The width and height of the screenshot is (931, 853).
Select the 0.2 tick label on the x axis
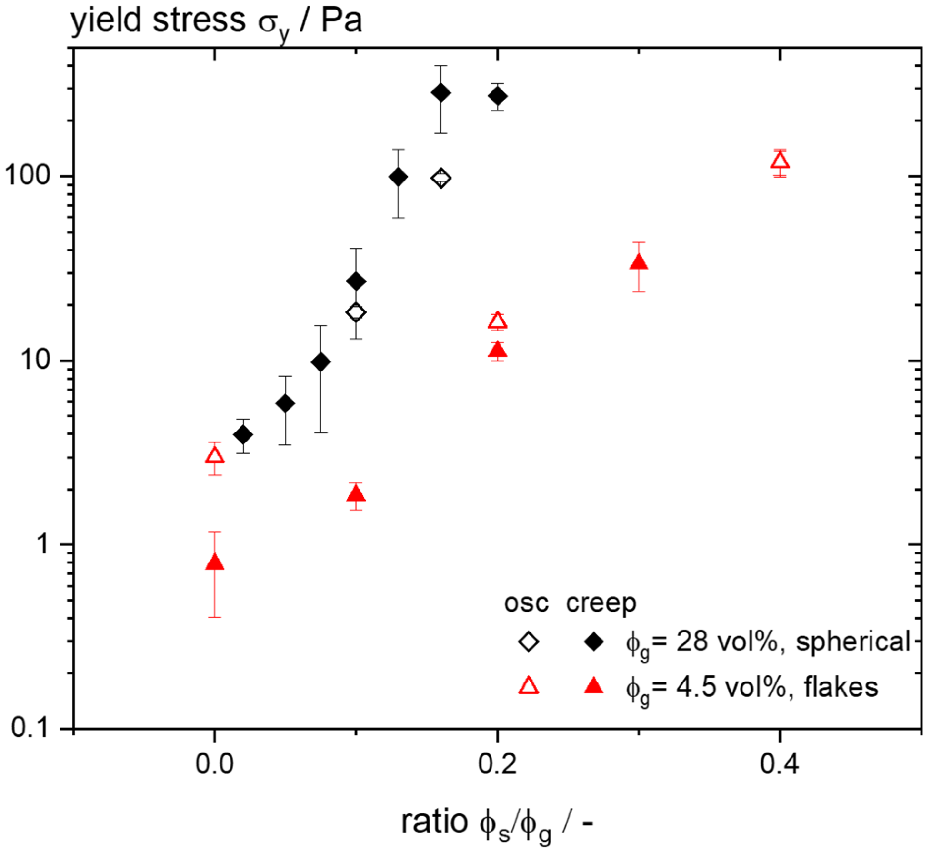497,765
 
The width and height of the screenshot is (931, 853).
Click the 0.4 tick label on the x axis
779,765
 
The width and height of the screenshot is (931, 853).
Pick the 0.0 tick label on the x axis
215,765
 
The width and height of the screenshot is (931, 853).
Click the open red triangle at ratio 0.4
780,161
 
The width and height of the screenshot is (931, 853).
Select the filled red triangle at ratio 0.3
639,262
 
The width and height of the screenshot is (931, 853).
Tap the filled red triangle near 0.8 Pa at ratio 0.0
215,563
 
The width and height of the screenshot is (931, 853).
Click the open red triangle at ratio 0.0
215,456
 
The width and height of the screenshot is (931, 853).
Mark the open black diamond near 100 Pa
441,179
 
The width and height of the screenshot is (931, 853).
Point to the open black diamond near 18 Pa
356,312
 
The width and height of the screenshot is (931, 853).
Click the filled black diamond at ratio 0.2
497,96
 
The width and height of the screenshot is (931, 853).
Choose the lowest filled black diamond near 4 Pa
243,434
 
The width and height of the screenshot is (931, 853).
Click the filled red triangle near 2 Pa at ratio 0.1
356,494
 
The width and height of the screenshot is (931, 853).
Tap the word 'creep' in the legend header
601,604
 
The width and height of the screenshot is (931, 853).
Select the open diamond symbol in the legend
529,642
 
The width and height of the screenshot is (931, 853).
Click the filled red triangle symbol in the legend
594,686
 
